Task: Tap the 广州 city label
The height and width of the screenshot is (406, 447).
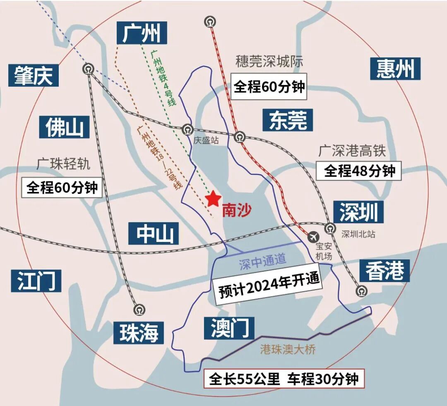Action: [141, 34]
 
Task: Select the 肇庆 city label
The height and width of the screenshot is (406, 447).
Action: [33, 75]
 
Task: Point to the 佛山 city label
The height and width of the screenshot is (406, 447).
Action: [64, 126]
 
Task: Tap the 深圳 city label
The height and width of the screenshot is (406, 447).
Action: [358, 213]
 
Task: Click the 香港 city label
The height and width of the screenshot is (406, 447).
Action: [384, 271]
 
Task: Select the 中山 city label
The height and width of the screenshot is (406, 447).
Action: [153, 233]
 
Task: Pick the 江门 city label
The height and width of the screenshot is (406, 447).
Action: [36, 280]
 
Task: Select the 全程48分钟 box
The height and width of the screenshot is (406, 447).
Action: [359, 171]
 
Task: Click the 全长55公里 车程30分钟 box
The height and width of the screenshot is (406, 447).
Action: [284, 379]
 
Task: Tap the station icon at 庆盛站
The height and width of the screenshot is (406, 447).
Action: [188, 129]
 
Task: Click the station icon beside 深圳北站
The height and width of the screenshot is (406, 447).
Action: [330, 227]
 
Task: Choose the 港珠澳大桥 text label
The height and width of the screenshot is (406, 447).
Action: [288, 350]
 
